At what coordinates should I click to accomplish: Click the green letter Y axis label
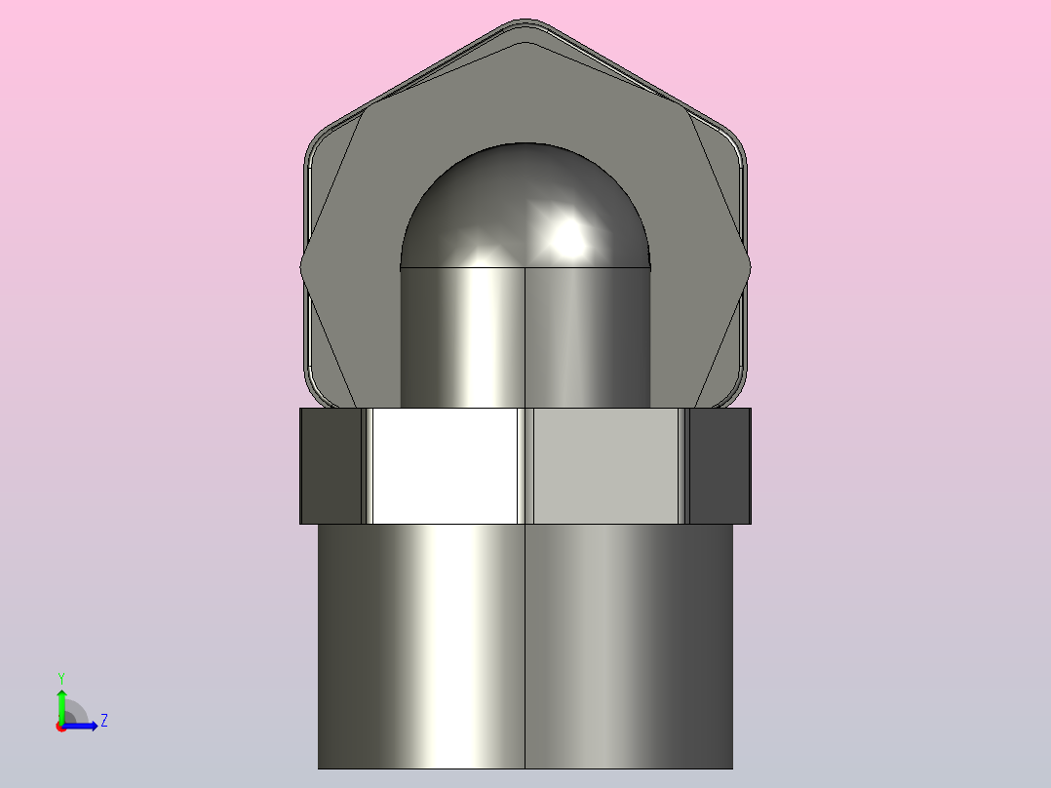click(x=61, y=679)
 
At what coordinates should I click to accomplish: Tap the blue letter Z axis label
click(x=104, y=721)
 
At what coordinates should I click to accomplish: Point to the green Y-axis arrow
click(x=61, y=707)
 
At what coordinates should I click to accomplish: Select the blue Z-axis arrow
click(x=80, y=726)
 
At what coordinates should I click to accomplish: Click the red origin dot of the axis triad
click(x=61, y=727)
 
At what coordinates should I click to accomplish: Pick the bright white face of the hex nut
click(x=445, y=465)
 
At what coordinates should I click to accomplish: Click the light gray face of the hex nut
click(x=606, y=465)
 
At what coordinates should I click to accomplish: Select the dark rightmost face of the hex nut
click(x=720, y=465)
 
